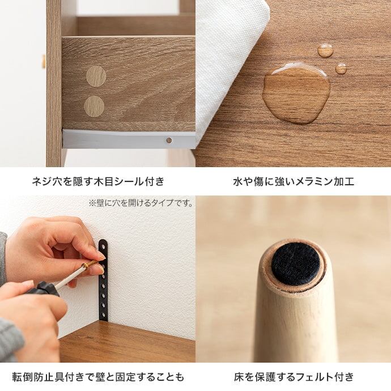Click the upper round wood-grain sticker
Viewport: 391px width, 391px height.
click(x=96, y=76)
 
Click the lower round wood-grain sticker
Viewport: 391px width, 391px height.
click(x=94, y=106)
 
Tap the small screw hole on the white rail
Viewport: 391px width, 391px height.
click(x=169, y=140)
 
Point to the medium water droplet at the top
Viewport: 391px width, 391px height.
click(x=325, y=50)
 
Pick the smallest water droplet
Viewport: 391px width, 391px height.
click(x=341, y=69)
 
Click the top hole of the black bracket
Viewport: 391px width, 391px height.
click(x=103, y=243)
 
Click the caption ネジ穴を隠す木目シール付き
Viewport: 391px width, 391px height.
click(x=98, y=181)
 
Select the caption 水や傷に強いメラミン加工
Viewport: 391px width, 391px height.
click(x=294, y=181)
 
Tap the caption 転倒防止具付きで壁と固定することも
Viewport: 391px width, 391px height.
click(x=98, y=377)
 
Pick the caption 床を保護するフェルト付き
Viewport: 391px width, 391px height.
click(x=294, y=377)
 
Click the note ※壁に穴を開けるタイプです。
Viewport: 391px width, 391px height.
click(x=141, y=203)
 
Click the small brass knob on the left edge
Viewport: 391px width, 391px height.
click(x=44, y=61)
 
